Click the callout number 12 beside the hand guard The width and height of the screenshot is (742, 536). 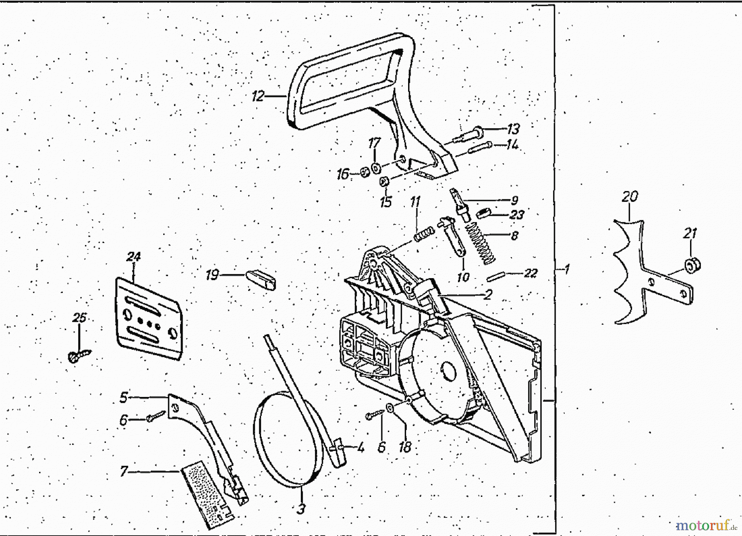click(x=258, y=96)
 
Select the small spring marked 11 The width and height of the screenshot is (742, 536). click(x=424, y=234)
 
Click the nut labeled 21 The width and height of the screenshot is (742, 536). click(x=692, y=265)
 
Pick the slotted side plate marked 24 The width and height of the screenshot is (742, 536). click(x=149, y=318)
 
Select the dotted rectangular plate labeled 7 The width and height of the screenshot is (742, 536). click(x=206, y=493)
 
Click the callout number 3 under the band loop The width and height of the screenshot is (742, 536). click(x=301, y=509)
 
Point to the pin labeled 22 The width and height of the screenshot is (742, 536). click(x=495, y=275)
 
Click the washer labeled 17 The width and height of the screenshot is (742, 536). click(x=376, y=168)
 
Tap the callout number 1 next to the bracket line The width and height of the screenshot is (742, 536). click(x=567, y=269)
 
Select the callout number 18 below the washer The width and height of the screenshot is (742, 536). click(x=405, y=447)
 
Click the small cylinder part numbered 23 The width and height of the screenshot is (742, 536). click(x=483, y=214)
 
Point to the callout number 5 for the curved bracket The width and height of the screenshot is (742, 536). click(x=124, y=397)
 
